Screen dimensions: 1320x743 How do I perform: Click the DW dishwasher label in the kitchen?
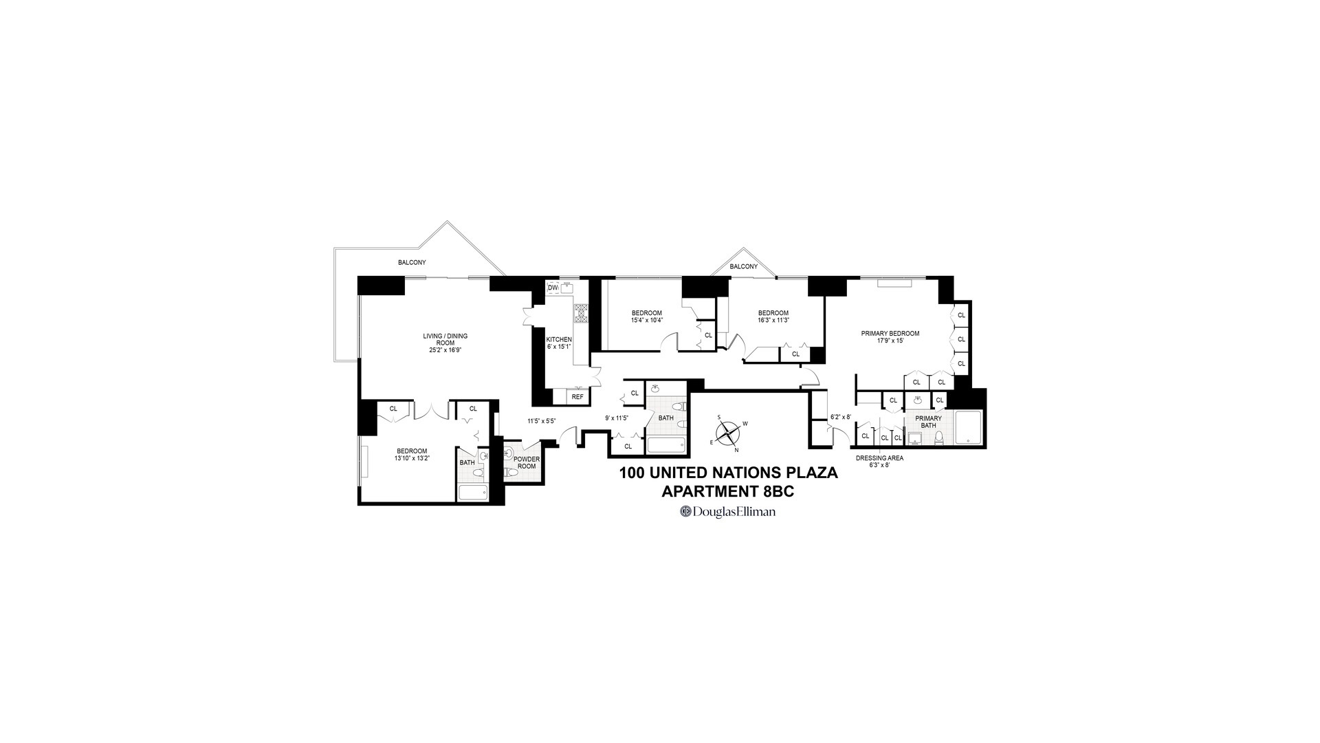point(553,288)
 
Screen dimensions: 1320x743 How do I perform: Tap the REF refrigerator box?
point(577,397)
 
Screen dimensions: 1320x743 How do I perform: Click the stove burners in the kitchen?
point(582,313)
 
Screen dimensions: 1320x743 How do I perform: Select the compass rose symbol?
point(729,433)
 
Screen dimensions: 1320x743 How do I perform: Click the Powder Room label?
point(527,462)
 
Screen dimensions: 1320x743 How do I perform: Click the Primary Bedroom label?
point(890,334)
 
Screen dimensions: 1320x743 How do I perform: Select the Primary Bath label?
point(928,422)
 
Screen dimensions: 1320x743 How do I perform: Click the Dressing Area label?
point(879,457)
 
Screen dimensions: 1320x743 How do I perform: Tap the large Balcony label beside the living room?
point(412,262)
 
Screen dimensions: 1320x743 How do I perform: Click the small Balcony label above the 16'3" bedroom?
point(744,266)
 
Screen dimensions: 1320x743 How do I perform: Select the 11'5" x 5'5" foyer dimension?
point(541,421)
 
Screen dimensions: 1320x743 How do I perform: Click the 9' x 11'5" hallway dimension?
point(617,418)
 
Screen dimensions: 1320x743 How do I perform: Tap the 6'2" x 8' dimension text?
point(841,416)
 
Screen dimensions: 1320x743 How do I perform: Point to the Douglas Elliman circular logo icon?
point(685,512)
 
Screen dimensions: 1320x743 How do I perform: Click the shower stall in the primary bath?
point(967,427)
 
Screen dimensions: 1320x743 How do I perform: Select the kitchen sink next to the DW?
point(568,288)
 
